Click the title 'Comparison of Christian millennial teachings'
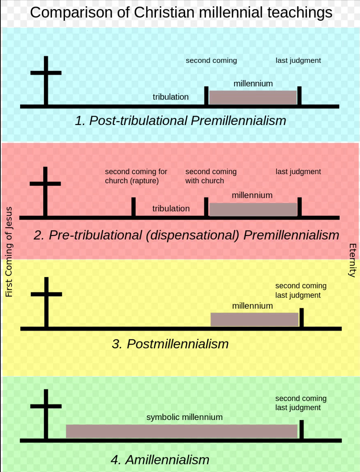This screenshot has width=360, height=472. tap(181, 13)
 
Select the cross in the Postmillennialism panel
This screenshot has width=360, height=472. tap(46, 302)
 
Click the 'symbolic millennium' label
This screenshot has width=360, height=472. tap(184, 417)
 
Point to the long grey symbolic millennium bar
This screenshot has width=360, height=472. tap(181, 431)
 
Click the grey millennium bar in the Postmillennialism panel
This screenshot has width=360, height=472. tap(255, 319)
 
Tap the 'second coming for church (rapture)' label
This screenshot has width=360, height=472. tap(136, 176)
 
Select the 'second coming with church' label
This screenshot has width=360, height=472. tap(211, 176)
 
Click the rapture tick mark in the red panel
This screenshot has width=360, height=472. tap(133, 207)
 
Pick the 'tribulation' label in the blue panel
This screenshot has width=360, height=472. tap(171, 97)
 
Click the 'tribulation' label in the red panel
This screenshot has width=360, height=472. tap(171, 209)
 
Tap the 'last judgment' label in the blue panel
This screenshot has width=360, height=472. tap(298, 61)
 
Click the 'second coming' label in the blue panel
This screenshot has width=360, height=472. tap(211, 61)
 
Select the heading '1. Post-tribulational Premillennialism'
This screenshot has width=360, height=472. tap(180, 121)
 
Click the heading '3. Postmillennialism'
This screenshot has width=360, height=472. tap(170, 344)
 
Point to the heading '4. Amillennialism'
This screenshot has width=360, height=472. tap(160, 460)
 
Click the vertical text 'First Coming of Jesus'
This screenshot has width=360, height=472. tap(9, 252)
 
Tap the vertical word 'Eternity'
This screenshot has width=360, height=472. tap(352, 260)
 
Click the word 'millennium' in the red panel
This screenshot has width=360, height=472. tap(252, 195)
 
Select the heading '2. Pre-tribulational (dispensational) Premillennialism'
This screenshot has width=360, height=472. tap(186, 235)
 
